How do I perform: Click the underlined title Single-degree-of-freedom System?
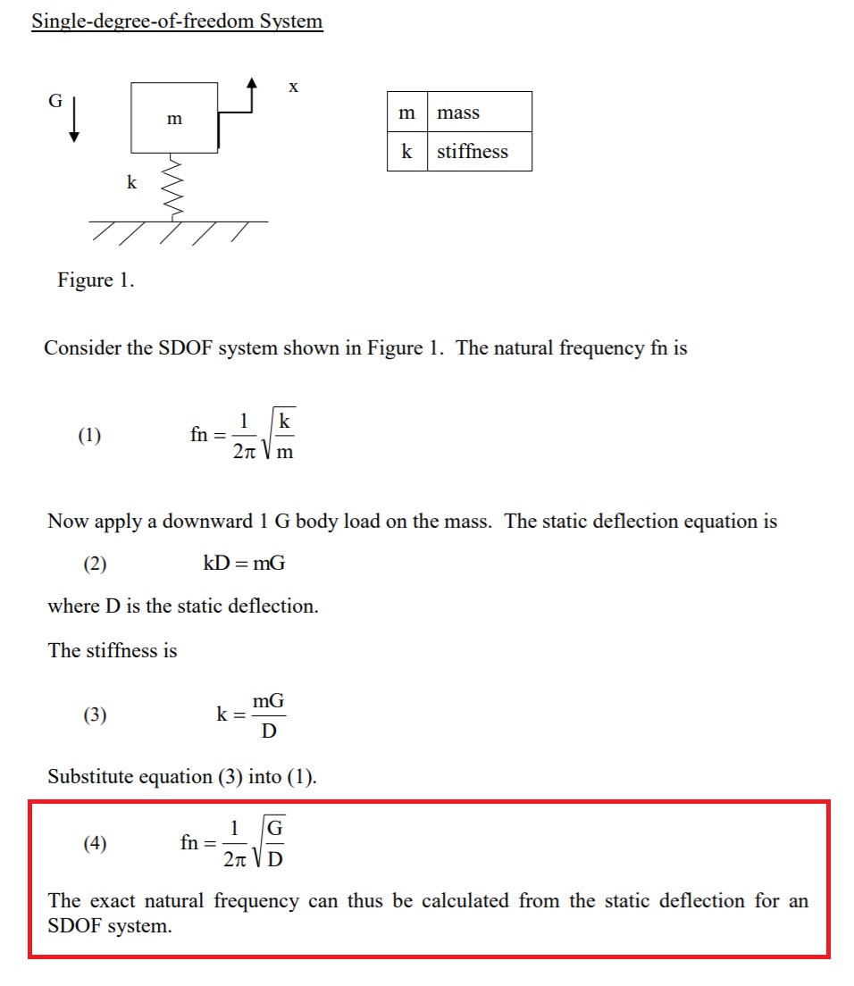[x=177, y=21]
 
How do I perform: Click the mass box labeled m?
[x=174, y=118]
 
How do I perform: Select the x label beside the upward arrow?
[x=293, y=87]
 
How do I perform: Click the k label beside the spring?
[x=131, y=183]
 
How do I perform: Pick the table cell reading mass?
[x=458, y=113]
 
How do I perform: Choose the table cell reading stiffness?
[x=473, y=152]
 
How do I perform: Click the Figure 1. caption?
[x=96, y=280]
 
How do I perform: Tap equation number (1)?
[x=89, y=436]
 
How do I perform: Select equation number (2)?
[x=94, y=564]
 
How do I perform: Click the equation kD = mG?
[x=244, y=564]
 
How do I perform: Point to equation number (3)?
[x=94, y=715]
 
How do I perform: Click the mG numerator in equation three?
[x=268, y=702]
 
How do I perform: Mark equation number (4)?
[x=94, y=843]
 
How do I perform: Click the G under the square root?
[x=276, y=829]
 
